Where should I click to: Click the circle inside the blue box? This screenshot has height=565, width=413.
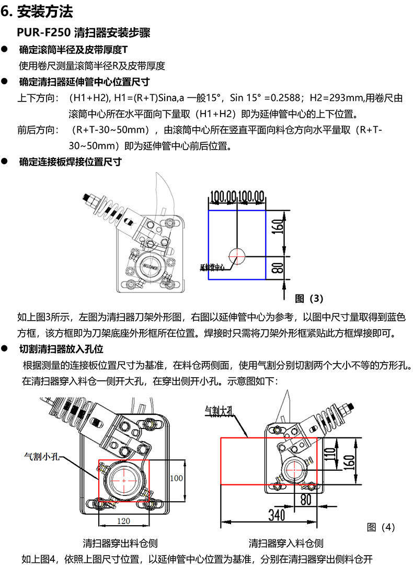(237, 256)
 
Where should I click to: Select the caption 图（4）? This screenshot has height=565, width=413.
(381, 526)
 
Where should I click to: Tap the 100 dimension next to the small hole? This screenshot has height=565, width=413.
(177, 478)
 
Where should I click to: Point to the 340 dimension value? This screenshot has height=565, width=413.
(277, 515)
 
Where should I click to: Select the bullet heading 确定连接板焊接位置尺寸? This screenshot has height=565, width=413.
(70, 162)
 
